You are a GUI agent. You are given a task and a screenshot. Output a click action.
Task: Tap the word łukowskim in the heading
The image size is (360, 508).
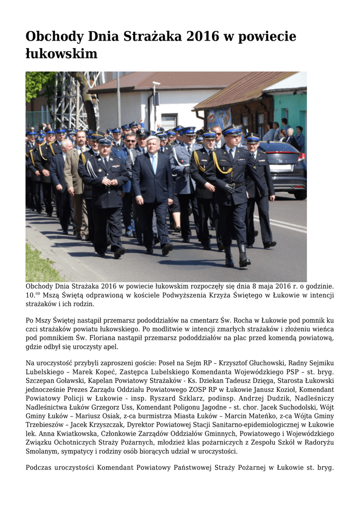pyautogui.click(x=61, y=53)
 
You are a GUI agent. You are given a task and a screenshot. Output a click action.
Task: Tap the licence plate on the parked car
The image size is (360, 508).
pyautogui.click(x=281, y=168)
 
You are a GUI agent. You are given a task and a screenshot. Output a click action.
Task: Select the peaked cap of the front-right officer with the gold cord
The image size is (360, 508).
pyautogui.click(x=232, y=130)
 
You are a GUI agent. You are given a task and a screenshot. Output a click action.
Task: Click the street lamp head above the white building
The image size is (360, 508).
pyautogui.click(x=156, y=83)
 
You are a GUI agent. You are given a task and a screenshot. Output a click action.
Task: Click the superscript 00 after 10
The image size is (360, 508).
pyautogui.click(x=38, y=293)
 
